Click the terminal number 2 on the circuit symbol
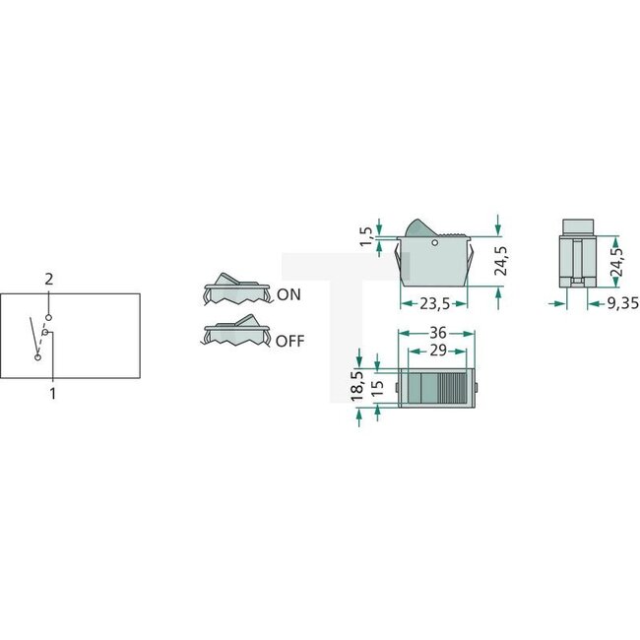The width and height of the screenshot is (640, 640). pos(48,281)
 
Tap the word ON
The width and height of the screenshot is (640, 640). pos(289,294)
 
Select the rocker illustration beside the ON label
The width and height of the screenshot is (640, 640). pos(236,288)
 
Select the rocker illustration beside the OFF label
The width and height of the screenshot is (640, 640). pos(236,333)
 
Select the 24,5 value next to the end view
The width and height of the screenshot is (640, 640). pos(617,257)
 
